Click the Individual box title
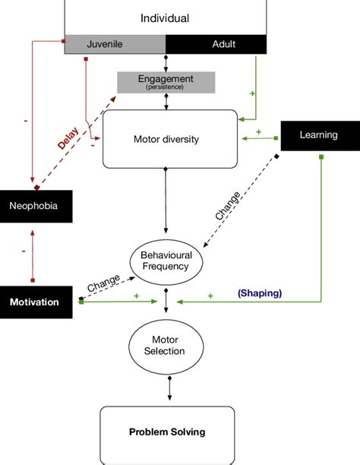(165, 18)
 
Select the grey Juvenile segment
(114, 44)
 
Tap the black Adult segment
(215, 44)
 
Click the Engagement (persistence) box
(166, 81)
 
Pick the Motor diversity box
(166, 139)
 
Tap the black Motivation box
(35, 302)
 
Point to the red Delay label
(68, 138)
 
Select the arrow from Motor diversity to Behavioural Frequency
(166, 199)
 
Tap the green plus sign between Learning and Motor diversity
(258, 131)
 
